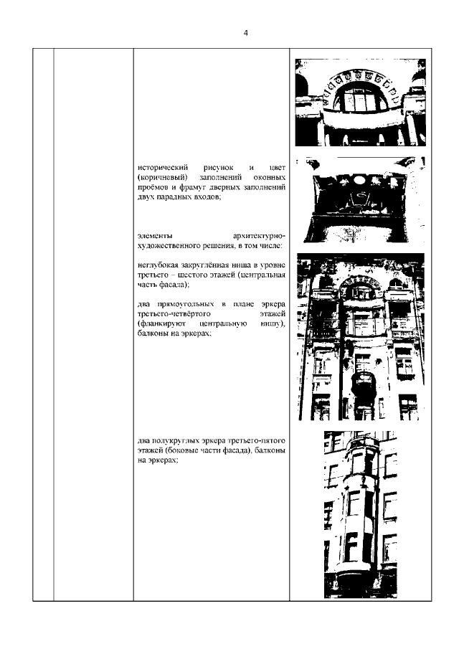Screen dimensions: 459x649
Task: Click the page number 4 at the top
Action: point(246,33)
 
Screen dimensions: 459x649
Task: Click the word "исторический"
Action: point(163,168)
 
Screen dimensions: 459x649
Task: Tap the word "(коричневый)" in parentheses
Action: point(163,178)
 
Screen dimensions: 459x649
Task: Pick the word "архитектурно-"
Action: point(259,237)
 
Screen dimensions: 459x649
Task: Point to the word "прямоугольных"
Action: point(186,305)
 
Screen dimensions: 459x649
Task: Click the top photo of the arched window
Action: point(360,103)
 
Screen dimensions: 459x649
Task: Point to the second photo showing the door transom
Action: point(364,199)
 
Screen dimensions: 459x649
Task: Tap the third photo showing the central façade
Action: point(361,336)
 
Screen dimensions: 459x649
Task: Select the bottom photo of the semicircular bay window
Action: point(361,514)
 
